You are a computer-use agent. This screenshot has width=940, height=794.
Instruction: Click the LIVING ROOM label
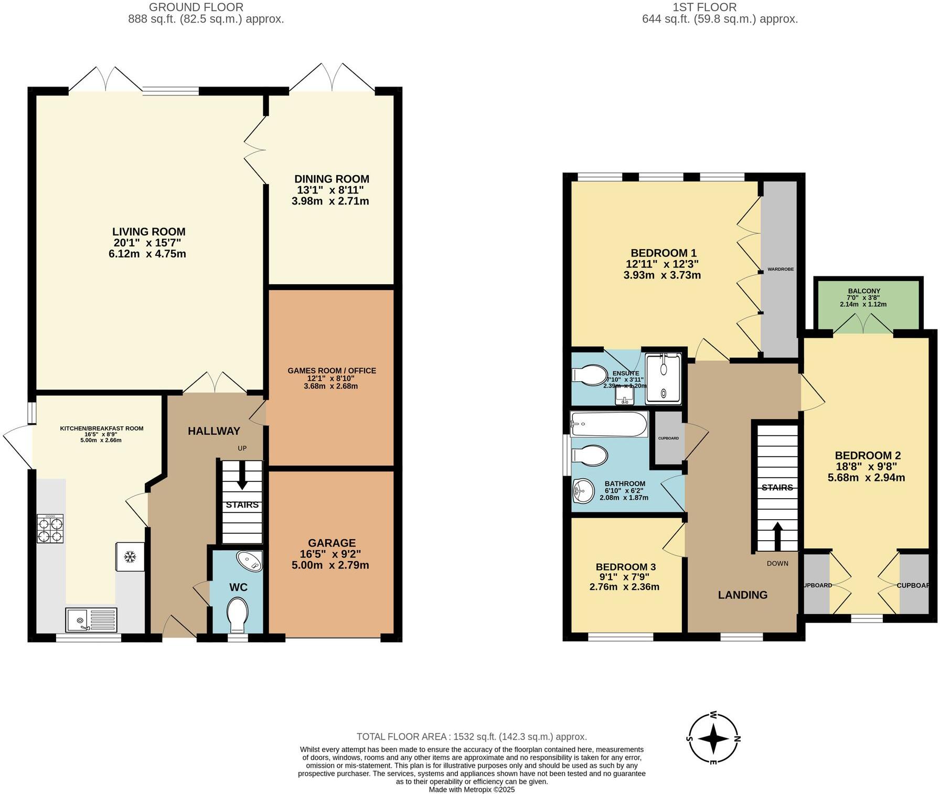tap(149, 232)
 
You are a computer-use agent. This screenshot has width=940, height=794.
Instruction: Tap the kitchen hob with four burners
tap(50, 529)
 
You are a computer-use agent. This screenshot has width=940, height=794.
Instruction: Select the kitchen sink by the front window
tap(91, 620)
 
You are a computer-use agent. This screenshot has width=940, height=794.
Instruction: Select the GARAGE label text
tap(332, 543)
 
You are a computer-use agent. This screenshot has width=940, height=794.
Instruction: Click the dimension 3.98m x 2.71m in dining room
tap(330, 201)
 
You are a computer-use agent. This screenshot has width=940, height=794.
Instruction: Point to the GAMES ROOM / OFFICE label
tap(332, 371)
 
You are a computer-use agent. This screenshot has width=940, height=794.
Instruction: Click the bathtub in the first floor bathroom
tap(610, 424)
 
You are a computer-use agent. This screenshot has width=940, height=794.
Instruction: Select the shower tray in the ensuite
tap(664, 378)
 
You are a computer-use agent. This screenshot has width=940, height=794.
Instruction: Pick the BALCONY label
tap(864, 291)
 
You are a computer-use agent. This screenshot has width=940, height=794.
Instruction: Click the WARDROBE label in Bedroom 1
tap(781, 269)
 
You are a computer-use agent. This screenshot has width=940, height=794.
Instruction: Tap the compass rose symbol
tap(713, 738)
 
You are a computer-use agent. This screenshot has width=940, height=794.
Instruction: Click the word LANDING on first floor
tap(742, 595)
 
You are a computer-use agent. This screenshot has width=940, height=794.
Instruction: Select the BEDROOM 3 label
tap(625, 567)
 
